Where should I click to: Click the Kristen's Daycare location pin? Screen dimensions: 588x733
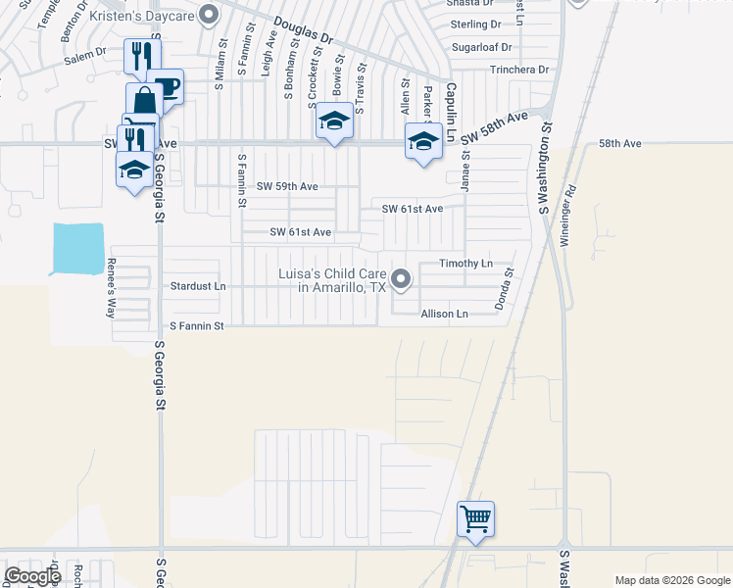coord(208,14)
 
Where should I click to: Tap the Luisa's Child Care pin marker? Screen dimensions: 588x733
coord(401,280)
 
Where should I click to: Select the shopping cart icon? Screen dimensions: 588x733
coord(475,517)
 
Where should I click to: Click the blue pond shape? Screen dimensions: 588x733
coord(77,249)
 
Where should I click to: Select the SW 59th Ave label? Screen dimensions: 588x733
coord(287,186)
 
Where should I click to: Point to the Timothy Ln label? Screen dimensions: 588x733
coord(464,265)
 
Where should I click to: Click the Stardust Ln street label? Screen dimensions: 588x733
coord(198,287)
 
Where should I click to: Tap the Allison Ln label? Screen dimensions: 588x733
coord(445,314)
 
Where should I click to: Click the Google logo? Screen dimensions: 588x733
coord(32,576)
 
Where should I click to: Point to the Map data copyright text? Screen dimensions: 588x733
coord(672,580)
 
